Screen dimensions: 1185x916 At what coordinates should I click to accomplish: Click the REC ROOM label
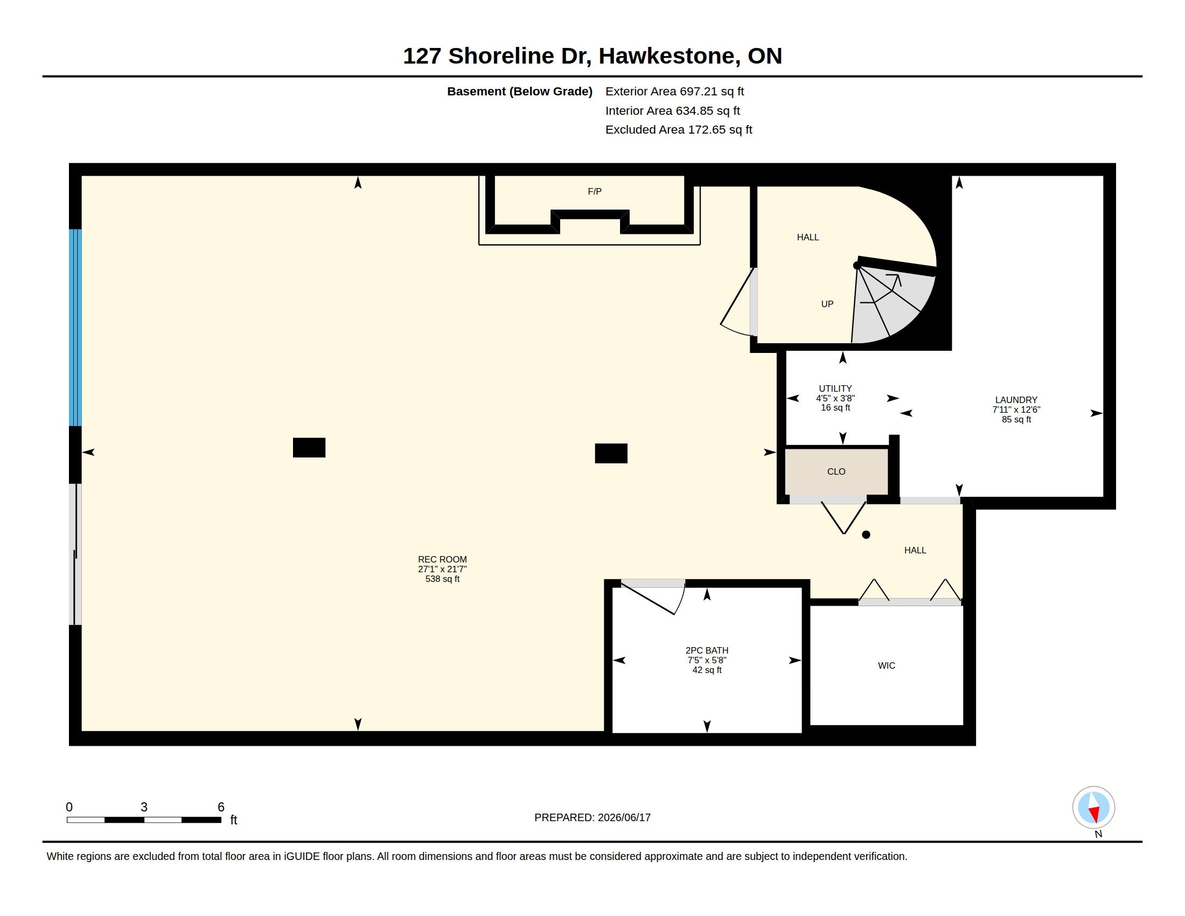442,559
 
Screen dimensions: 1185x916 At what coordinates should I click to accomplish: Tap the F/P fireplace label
595,192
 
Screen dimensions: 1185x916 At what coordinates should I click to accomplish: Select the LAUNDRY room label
1016,400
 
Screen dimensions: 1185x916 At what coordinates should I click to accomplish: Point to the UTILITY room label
835,388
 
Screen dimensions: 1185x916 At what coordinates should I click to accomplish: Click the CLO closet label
836,471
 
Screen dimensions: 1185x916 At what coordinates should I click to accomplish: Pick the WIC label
887,666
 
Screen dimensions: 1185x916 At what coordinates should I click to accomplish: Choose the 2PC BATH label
707,651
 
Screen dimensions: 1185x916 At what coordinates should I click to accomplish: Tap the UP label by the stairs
827,304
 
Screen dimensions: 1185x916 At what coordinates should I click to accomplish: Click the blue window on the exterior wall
75,328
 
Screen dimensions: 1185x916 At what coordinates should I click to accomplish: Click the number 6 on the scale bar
221,807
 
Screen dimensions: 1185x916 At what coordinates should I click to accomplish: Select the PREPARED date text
593,817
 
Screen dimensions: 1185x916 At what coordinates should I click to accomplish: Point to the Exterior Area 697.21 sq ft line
674,92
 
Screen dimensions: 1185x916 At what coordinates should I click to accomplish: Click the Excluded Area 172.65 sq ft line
679,130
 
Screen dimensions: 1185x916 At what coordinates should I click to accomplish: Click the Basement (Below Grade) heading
519,92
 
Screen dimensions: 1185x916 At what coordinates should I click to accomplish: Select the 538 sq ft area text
442,579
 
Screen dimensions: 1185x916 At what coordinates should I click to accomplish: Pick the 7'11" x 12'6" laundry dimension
1016,410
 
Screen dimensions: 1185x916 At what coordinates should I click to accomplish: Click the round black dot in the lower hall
866,535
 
